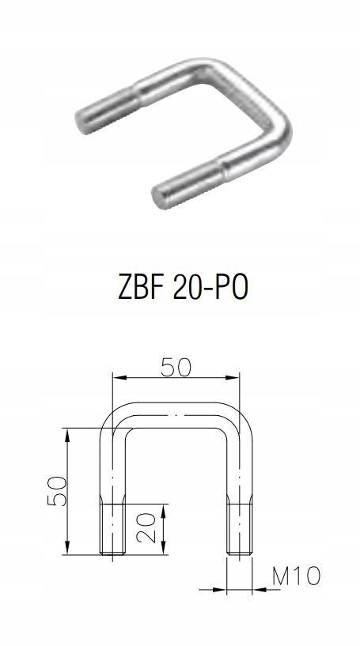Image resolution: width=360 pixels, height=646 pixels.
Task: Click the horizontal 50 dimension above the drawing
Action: [x=176, y=368]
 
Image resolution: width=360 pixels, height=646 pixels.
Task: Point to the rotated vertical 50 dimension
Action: [x=57, y=491]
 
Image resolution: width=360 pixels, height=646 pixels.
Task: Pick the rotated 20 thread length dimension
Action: [x=146, y=527]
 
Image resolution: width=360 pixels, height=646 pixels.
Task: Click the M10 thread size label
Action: [x=296, y=576]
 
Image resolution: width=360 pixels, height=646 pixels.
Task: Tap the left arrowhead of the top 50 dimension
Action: [x=119, y=377]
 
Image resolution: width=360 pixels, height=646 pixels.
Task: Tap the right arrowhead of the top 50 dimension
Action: [x=233, y=377]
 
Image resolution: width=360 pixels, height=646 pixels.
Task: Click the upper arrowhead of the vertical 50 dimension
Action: [x=67, y=435]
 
